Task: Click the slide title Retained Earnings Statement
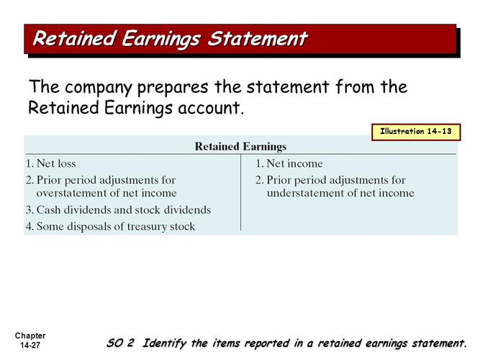(x=170, y=38)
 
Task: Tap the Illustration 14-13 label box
(x=415, y=132)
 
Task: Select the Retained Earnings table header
(x=240, y=146)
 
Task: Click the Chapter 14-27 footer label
(x=29, y=341)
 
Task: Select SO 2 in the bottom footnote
(x=121, y=343)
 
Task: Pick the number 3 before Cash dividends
(x=28, y=210)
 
